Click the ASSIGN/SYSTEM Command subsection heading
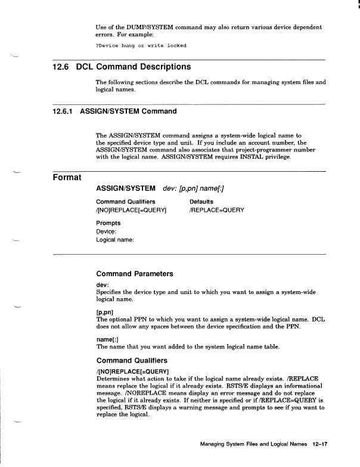[x=128, y=112]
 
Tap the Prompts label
[x=108, y=222]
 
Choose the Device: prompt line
[x=108, y=231]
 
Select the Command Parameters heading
[x=135, y=274]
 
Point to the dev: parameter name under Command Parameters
[x=102, y=285]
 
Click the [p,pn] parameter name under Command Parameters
[x=106, y=312]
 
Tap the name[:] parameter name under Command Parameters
[x=107, y=339]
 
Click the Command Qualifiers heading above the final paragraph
[x=132, y=360]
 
